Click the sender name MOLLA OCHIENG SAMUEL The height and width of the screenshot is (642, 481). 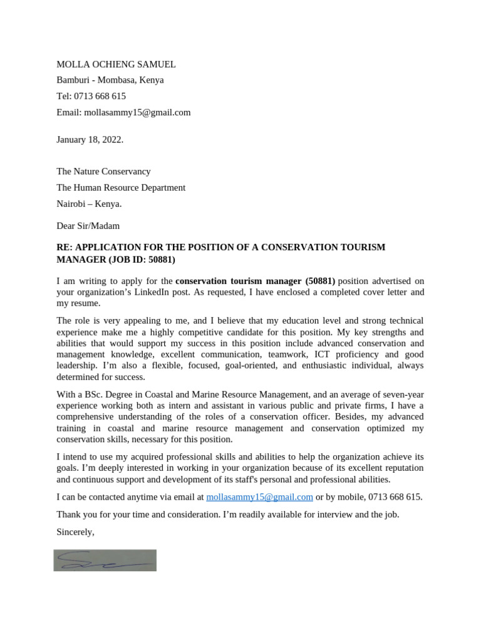click(116, 64)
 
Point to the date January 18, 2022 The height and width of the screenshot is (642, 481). click(90, 139)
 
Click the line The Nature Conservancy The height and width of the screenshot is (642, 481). click(103, 171)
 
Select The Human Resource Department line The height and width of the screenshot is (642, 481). click(121, 187)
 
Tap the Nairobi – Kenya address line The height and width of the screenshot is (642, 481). click(89, 204)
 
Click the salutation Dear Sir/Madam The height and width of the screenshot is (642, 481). click(88, 226)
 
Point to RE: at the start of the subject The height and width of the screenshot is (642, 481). click(65, 248)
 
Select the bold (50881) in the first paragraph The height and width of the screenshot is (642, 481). click(320, 281)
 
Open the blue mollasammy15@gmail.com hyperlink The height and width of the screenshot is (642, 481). click(259, 497)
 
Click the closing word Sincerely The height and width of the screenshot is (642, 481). click(75, 532)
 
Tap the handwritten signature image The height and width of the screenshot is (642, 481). click(105, 560)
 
